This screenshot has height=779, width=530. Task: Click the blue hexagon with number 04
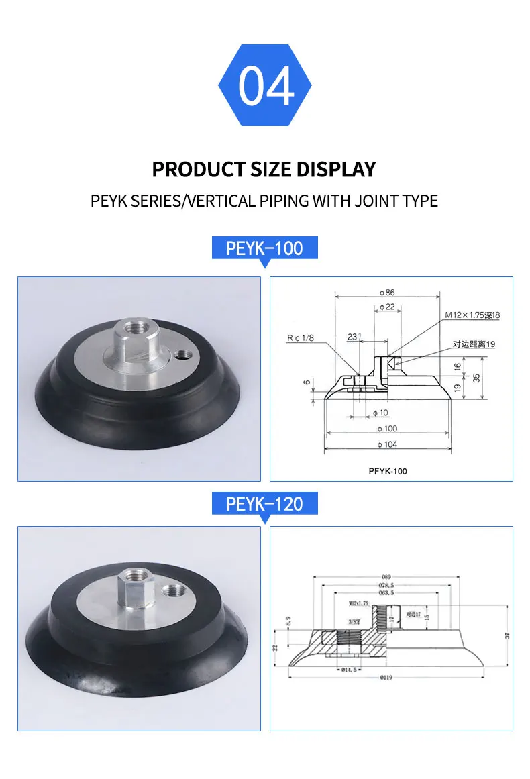[265, 87]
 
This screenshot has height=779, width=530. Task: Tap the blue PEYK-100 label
[264, 248]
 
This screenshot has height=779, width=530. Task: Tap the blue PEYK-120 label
[264, 503]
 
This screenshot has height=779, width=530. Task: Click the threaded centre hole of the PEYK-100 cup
[134, 328]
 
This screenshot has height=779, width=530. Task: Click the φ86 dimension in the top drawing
[386, 293]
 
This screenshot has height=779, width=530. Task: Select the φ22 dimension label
[386, 307]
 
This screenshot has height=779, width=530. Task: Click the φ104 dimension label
[388, 445]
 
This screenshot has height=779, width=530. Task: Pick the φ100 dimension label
[388, 428]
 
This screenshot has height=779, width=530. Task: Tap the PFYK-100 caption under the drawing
[388, 471]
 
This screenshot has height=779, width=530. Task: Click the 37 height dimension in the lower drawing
[507, 634]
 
